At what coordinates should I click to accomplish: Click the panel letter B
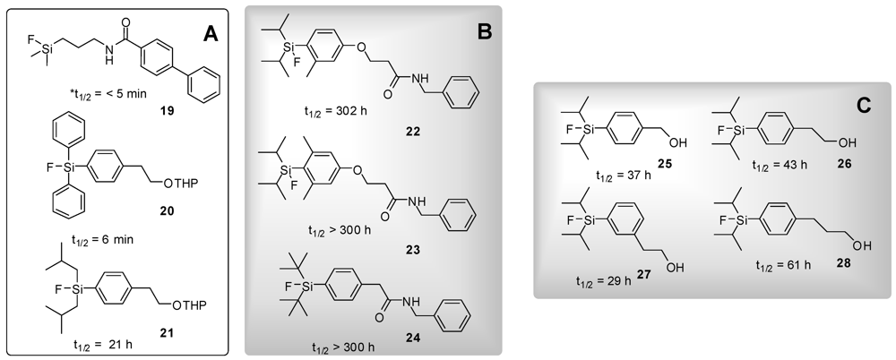tap(484, 36)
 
